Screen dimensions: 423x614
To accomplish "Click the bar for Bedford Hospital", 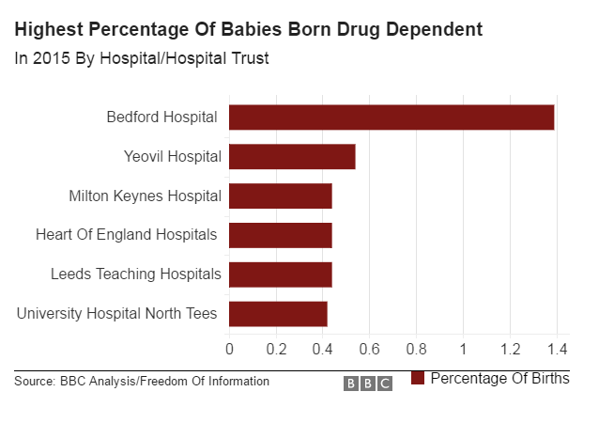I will click(391, 117).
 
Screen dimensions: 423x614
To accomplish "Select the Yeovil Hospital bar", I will click(292, 157).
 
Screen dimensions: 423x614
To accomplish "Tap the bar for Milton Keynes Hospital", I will click(281, 196).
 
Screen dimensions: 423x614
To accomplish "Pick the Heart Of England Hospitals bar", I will click(281, 235).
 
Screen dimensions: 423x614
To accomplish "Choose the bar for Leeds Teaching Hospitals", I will click(281, 274).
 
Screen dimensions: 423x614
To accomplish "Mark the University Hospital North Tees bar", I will click(278, 313).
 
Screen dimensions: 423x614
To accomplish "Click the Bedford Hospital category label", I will click(161, 117).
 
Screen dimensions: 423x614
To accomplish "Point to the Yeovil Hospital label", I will click(173, 157).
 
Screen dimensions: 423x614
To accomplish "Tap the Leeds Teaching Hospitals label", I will click(136, 274).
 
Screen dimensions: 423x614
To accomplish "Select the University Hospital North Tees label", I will click(117, 313).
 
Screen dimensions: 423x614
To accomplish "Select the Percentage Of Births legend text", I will click(499, 378).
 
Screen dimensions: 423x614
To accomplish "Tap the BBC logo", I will click(368, 384).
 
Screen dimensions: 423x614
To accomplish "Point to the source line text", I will click(142, 381).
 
